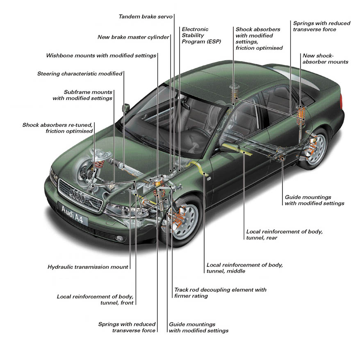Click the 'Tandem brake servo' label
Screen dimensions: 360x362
146,16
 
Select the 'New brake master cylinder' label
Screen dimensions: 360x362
133,37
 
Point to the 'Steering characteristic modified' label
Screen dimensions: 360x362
80,74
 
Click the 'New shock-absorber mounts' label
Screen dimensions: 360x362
325,59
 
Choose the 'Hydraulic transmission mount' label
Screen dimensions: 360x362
88,267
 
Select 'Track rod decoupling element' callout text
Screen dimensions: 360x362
220,290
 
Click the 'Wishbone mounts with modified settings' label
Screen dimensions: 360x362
101,55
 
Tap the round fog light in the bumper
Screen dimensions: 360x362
119,238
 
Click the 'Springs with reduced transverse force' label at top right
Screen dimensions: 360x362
321,26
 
